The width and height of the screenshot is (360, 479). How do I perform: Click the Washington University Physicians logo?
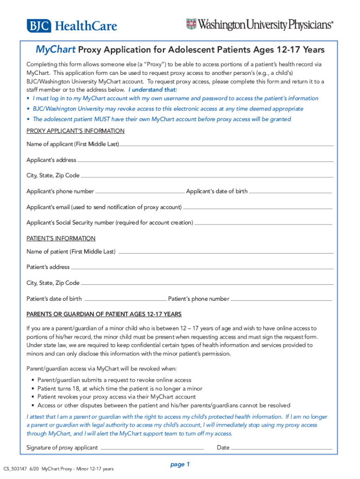[260, 25]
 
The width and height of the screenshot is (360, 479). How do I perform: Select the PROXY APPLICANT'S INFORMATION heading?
[75, 131]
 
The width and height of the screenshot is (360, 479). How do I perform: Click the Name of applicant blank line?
[226, 145]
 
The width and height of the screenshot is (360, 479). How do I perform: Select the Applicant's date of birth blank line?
[290, 192]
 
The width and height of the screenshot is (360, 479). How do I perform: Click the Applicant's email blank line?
[258, 208]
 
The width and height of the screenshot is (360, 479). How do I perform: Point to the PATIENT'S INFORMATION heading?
[61, 238]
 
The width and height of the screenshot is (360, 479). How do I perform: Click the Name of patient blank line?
[225, 253]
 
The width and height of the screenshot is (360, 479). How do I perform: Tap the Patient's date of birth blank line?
[125, 299]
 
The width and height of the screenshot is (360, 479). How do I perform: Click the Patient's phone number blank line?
[281, 299]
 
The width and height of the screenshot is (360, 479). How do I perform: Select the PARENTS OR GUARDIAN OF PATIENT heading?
[104, 314]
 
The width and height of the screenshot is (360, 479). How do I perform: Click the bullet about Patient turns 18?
[120, 388]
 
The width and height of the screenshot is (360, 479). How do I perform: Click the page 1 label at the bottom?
[180, 464]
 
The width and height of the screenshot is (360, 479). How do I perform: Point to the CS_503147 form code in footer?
[14, 469]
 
